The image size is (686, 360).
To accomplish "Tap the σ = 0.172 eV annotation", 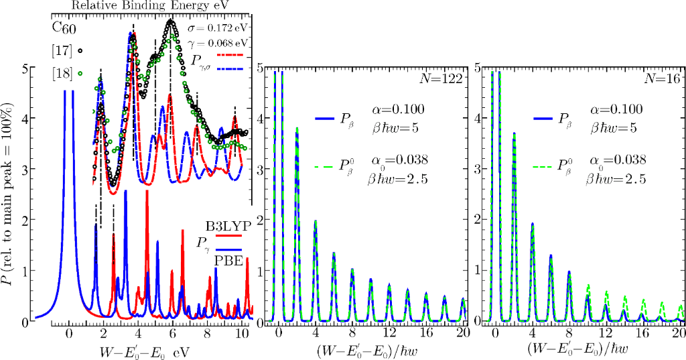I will coord(222,29).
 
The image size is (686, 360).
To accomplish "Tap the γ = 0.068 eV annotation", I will coord(222,43).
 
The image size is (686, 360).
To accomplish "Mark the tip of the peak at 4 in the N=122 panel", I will coord(315,221).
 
